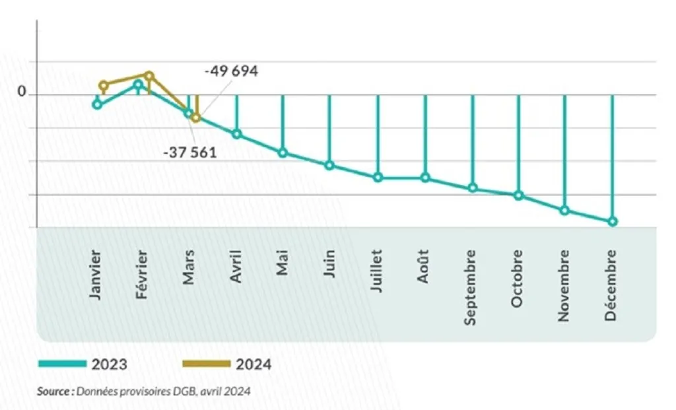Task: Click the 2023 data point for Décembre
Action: click(x=613, y=221)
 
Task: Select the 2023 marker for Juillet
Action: click(x=378, y=177)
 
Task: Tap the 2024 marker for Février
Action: click(x=149, y=76)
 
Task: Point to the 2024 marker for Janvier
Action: click(x=103, y=85)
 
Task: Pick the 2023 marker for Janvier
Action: click(x=97, y=104)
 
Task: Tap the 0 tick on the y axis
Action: click(x=22, y=93)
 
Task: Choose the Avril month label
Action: click(x=236, y=267)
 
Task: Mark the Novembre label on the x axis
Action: click(x=564, y=285)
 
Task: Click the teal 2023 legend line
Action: click(x=62, y=364)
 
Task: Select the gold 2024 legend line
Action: click(x=206, y=364)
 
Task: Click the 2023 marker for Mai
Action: click(x=283, y=153)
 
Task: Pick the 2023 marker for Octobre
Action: click(x=518, y=195)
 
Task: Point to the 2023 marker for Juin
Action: click(x=329, y=165)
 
